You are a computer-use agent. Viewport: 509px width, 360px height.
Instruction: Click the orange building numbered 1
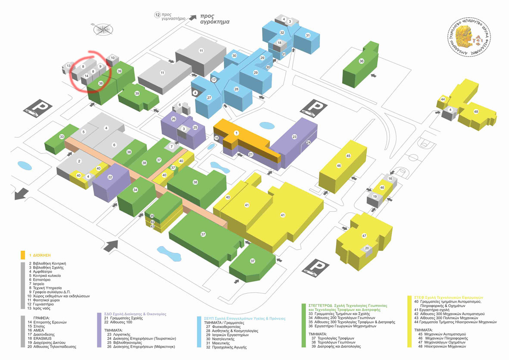[x=236, y=133]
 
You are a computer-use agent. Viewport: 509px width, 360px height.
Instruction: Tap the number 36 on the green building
[x=362, y=61]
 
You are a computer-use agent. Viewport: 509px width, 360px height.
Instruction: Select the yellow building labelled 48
[x=476, y=112]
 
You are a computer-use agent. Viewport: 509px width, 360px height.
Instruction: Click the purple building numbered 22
[x=110, y=177]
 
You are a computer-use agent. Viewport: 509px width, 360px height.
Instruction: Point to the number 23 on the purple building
[x=294, y=137]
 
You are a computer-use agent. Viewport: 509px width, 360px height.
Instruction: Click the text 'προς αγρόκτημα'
[x=214, y=19]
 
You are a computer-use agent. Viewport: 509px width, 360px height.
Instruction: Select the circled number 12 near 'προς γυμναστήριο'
[x=158, y=15]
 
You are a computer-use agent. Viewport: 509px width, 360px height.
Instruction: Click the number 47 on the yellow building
[x=364, y=236]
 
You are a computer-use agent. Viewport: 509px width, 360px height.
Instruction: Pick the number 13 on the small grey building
[x=69, y=66]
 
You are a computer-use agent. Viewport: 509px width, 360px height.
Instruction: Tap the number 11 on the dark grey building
[x=201, y=51]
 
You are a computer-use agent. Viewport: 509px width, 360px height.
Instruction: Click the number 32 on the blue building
[x=282, y=33]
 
